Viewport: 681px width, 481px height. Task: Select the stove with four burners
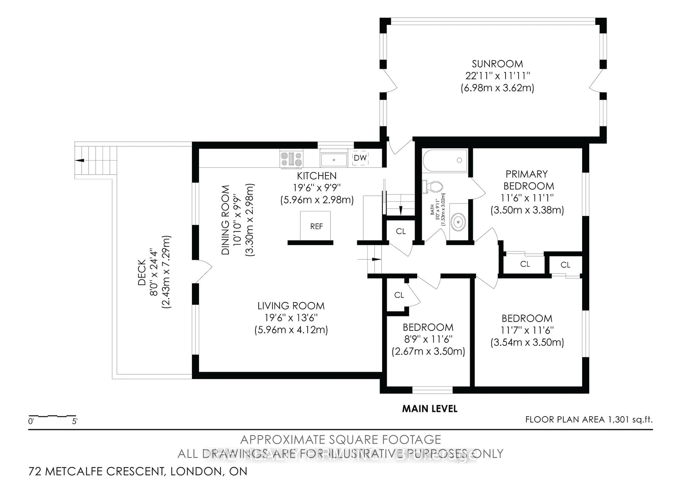tap(291, 159)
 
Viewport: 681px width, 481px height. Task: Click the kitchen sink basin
tap(334, 160)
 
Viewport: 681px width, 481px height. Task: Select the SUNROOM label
tap(497, 64)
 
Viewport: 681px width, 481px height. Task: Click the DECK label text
tap(142, 272)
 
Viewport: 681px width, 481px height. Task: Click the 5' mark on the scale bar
tap(74, 421)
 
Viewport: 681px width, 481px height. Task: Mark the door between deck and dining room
tap(203, 271)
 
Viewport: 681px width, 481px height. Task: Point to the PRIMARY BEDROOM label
tap(528, 180)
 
